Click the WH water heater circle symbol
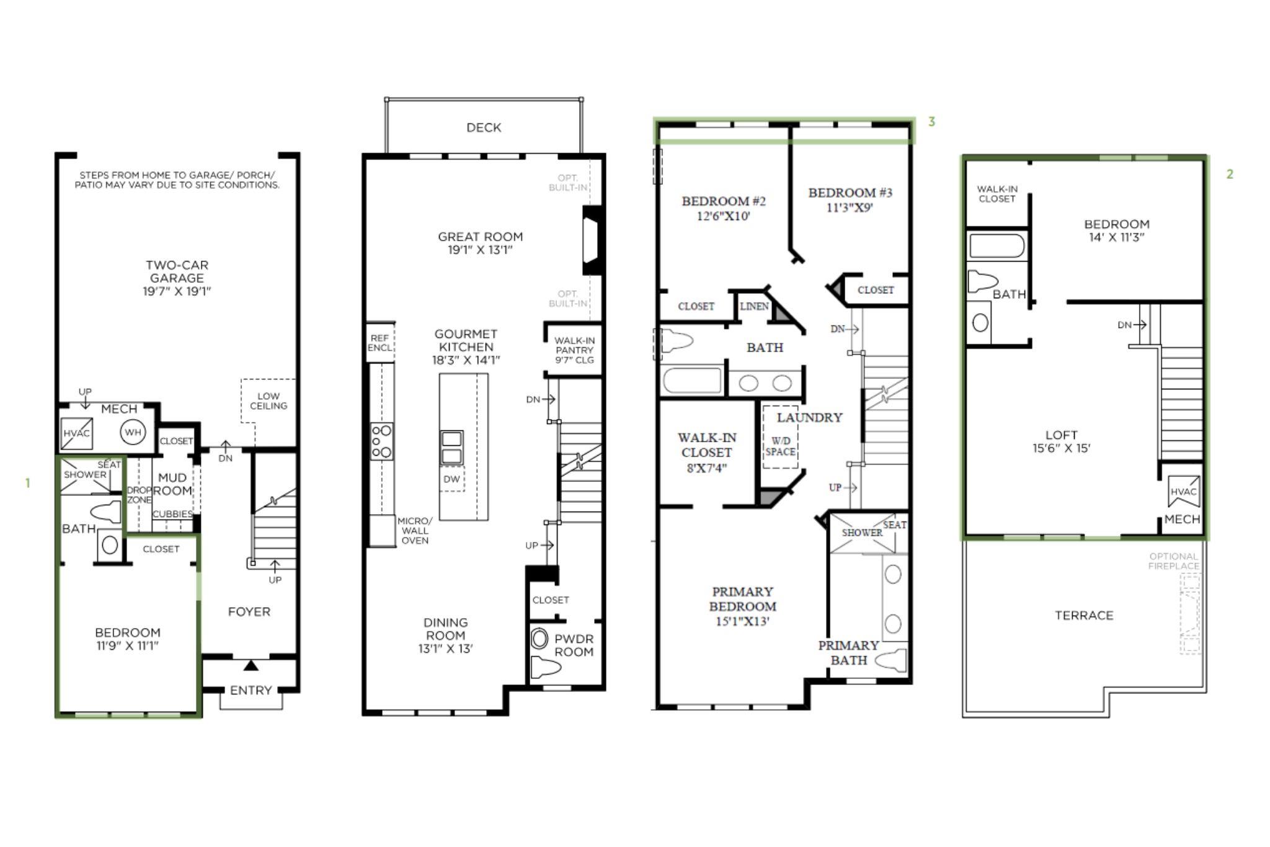pos(133,432)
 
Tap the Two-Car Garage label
pos(177,272)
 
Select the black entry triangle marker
pos(251,666)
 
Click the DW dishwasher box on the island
pos(451,479)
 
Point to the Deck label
pos(484,128)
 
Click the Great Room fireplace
pos(592,240)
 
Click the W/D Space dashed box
pos(780,437)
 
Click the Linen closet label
pos(754,306)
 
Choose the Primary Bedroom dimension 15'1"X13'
pos(742,621)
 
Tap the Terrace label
pos(1084,615)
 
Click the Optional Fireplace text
pos(1173,561)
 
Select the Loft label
pos(1061,435)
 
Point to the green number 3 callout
pos(931,122)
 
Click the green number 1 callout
pos(27,483)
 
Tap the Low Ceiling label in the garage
pos(269,401)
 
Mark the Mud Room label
pos(172,484)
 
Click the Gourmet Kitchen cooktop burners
pos(381,441)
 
